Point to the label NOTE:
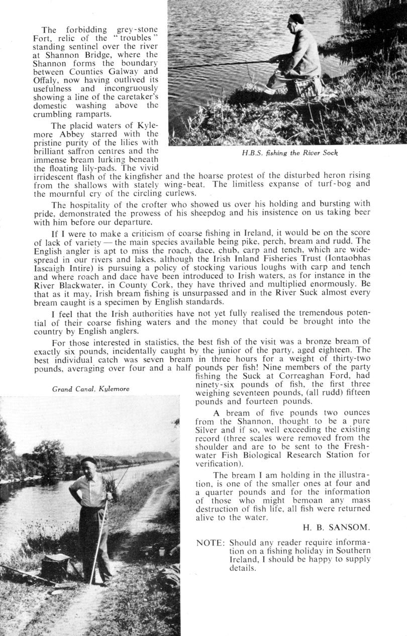[210, 543]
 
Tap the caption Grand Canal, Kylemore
[91, 389]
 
